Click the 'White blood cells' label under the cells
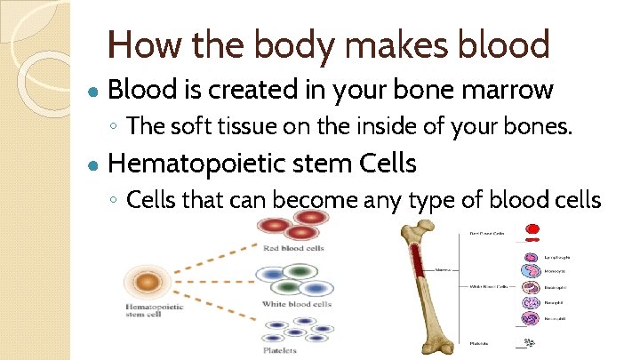(x=295, y=304)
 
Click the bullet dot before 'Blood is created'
(x=93, y=92)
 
